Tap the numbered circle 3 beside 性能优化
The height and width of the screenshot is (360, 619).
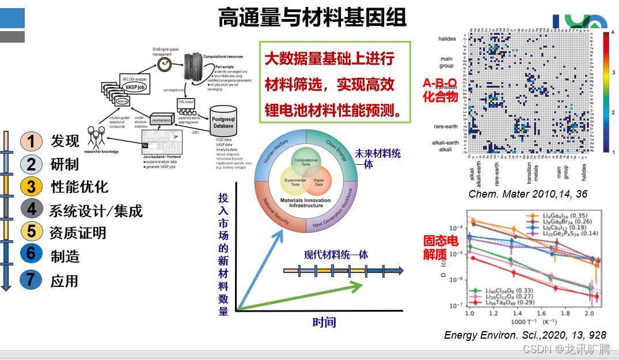point(31,187)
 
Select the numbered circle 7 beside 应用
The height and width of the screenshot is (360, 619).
point(31,280)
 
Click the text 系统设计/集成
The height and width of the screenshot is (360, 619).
point(96,210)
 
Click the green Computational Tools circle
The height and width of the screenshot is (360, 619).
point(306,161)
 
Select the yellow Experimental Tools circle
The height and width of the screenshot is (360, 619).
point(295,183)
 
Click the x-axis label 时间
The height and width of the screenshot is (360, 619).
point(324,322)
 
